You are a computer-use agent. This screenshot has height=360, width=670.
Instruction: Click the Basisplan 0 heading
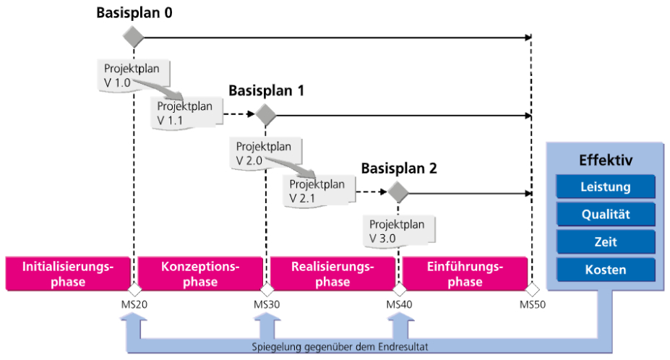[134, 13]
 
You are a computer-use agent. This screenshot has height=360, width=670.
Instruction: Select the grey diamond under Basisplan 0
[133, 37]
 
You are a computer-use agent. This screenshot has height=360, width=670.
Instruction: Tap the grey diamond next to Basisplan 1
[266, 115]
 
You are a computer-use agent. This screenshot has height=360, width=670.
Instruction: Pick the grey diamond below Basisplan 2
[398, 192]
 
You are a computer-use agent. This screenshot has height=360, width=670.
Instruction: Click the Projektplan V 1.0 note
[133, 75]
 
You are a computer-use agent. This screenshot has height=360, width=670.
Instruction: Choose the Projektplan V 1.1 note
[186, 113]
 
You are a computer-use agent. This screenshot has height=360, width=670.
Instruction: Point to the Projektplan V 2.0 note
[265, 153]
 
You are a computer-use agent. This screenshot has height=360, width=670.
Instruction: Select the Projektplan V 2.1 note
[319, 191]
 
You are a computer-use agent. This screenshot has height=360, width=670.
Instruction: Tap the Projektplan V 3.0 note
[399, 231]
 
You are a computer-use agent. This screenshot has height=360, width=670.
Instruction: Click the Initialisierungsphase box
[68, 274]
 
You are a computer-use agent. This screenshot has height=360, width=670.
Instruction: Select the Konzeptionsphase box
[200, 274]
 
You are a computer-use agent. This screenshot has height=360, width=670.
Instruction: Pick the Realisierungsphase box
[332, 274]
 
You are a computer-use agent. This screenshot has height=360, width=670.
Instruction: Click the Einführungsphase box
[465, 274]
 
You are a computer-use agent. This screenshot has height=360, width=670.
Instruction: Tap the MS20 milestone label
[134, 305]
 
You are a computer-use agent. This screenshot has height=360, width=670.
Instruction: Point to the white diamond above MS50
[532, 289]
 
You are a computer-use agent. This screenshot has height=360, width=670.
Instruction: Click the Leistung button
[606, 187]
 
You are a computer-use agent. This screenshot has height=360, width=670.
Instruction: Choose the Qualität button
[606, 214]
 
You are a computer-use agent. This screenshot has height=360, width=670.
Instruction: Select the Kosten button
[606, 270]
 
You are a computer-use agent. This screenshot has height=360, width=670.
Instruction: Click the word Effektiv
[606, 160]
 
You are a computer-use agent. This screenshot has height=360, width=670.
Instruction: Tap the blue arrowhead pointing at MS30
[267, 317]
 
